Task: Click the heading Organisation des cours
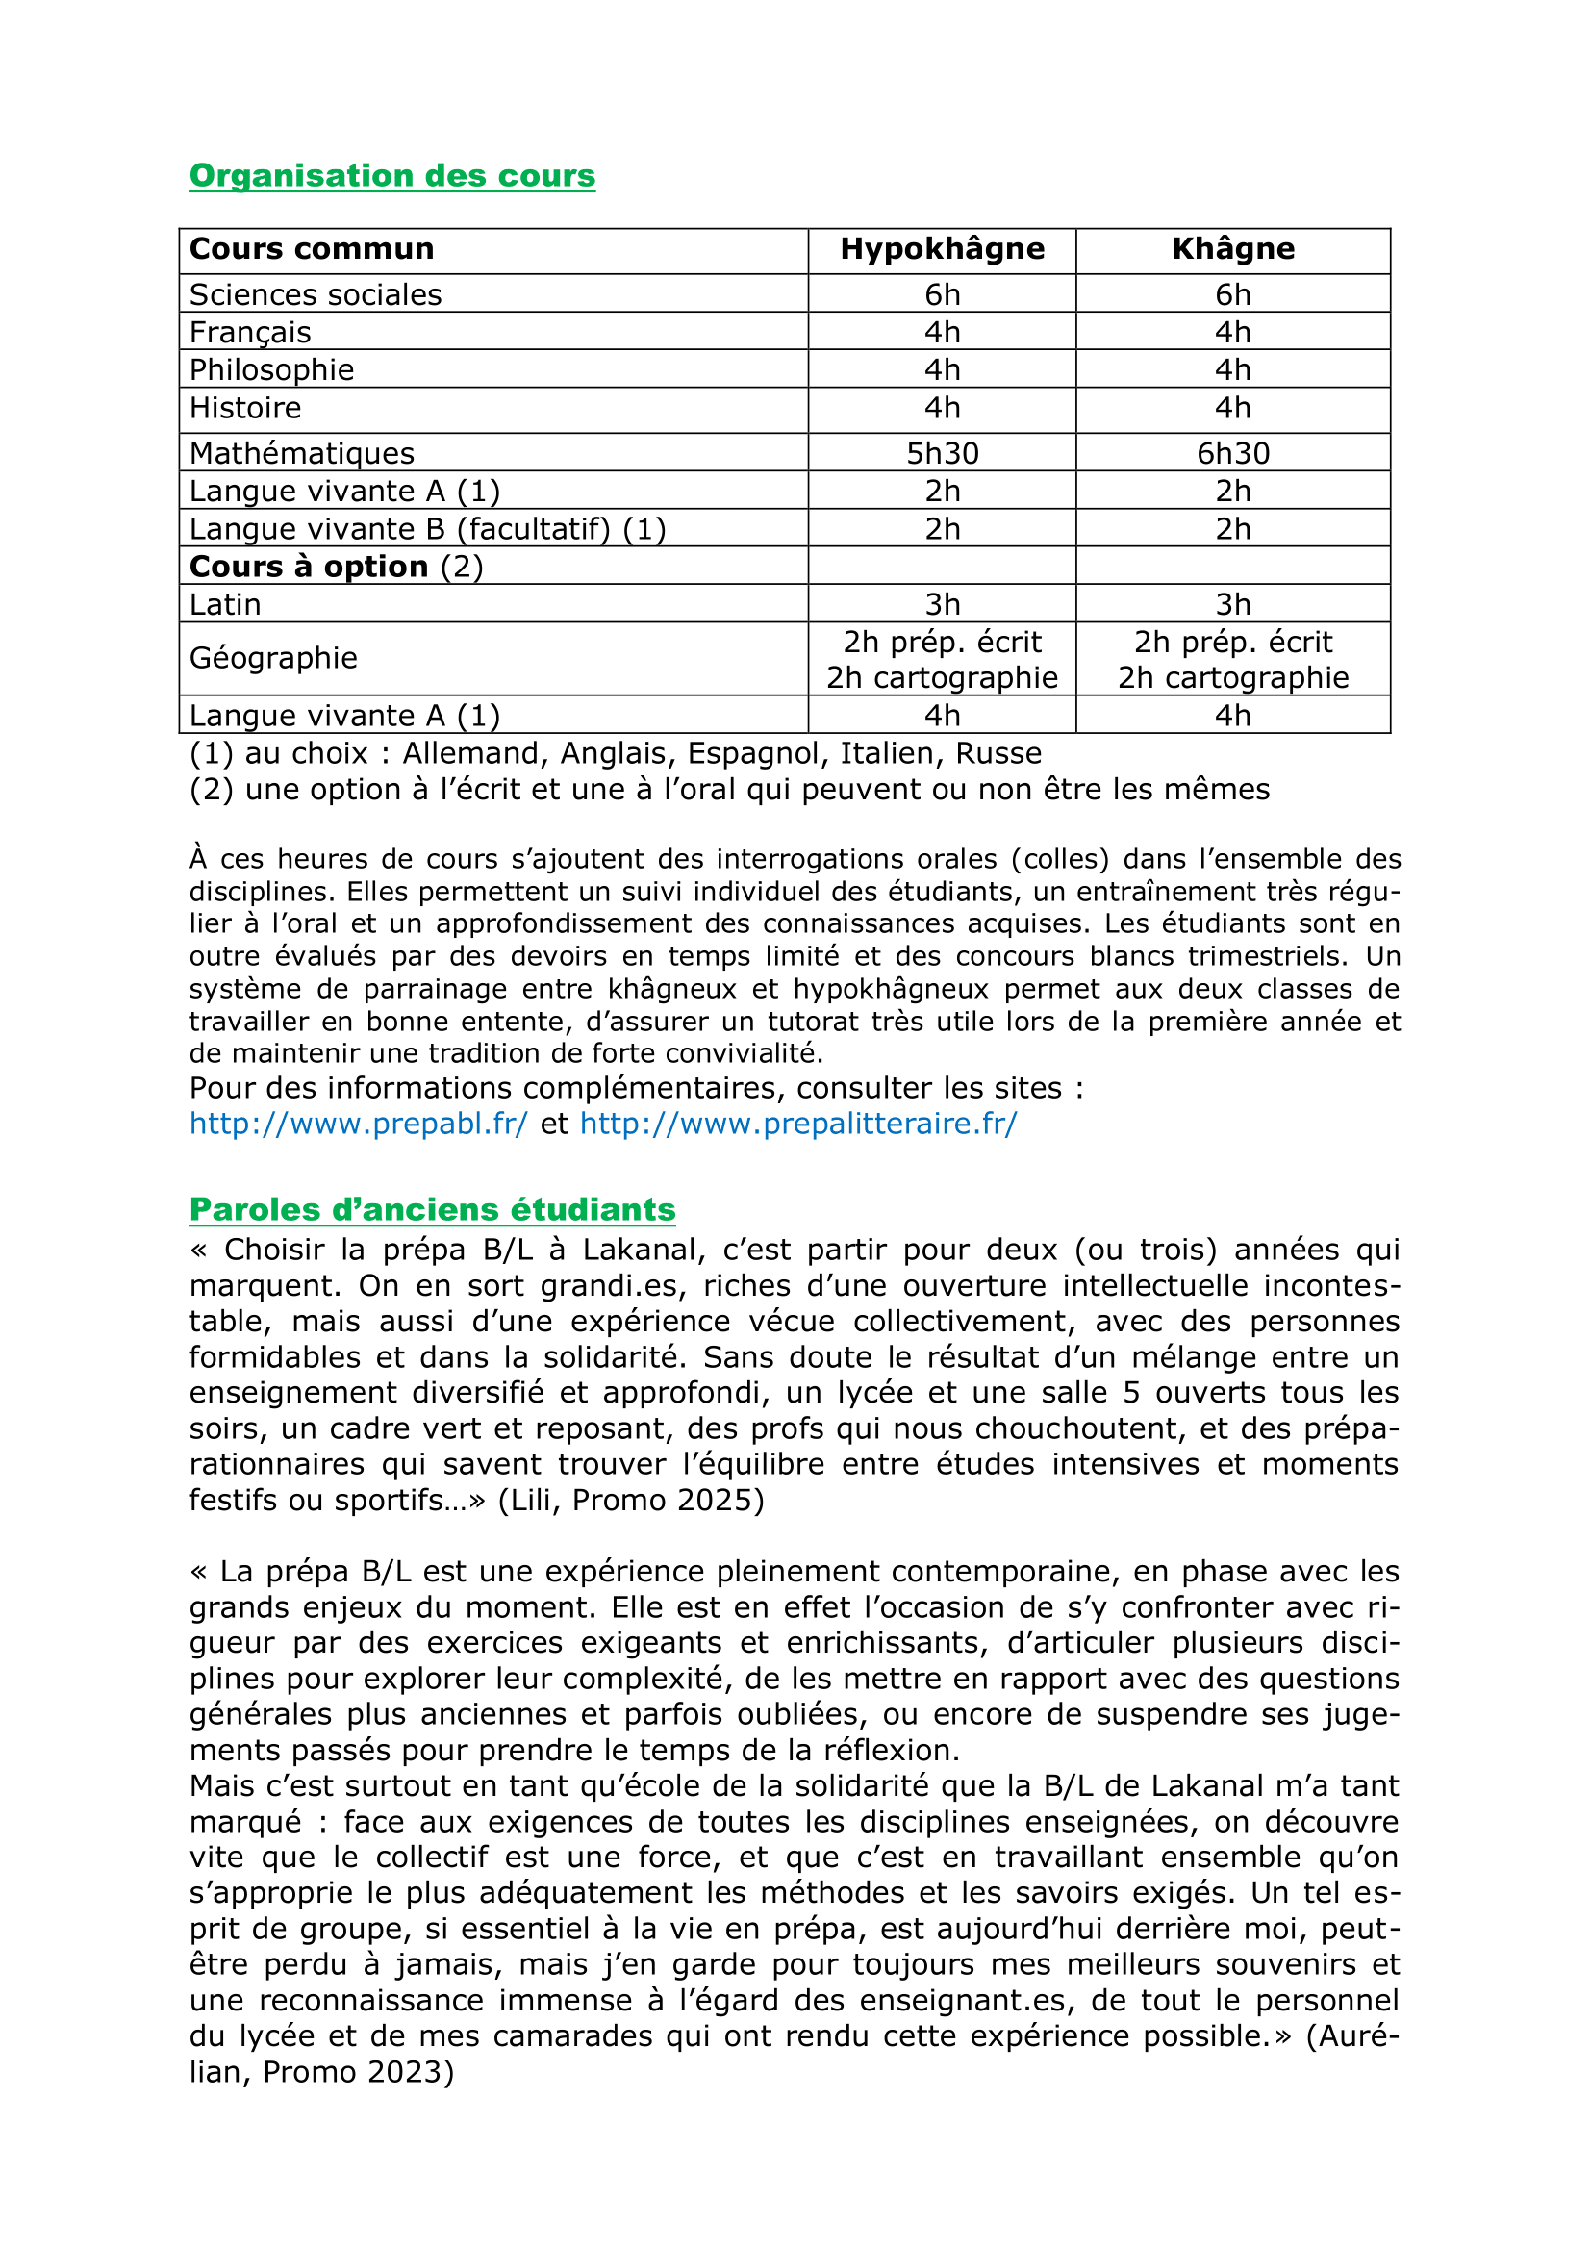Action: click(x=391, y=175)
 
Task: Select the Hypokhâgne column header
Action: click(x=942, y=249)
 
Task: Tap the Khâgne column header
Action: click(x=1232, y=249)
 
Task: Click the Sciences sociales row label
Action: click(x=316, y=295)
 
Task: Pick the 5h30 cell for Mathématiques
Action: click(x=942, y=454)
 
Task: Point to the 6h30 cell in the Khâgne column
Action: click(x=1232, y=454)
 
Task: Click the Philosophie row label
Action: click(x=271, y=370)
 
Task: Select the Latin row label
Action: click(x=225, y=605)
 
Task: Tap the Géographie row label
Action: click(x=273, y=658)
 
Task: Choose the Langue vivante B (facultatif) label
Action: click(x=427, y=529)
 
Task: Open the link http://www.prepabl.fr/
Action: click(x=359, y=1124)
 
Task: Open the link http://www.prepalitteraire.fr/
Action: click(x=798, y=1124)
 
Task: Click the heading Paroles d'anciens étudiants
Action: click(x=432, y=1209)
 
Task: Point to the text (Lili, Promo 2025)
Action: click(x=631, y=1501)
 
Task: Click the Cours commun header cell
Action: click(x=312, y=249)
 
